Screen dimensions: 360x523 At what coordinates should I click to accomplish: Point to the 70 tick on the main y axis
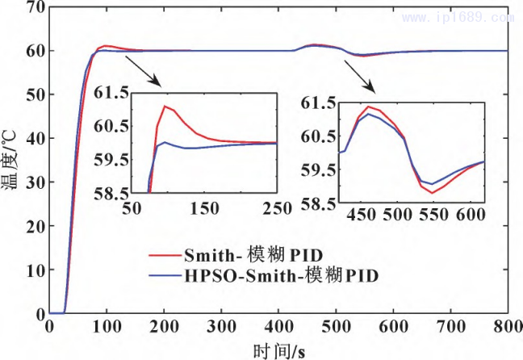[34, 7]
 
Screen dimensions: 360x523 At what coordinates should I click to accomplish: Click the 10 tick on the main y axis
[34, 270]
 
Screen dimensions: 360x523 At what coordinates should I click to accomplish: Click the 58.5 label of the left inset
[114, 194]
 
